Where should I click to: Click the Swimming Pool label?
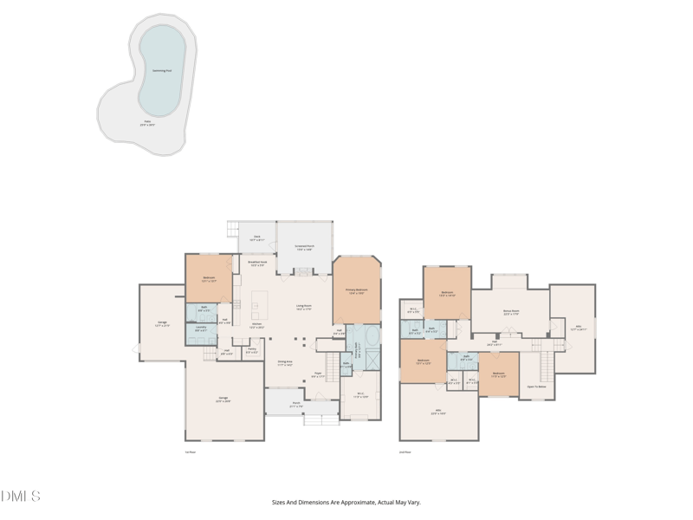click(x=162, y=70)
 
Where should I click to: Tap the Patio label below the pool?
click(x=147, y=123)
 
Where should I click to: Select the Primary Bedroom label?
click(x=356, y=291)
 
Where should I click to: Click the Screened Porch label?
click(x=304, y=247)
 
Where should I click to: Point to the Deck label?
click(x=256, y=237)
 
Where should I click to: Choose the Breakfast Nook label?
click(x=257, y=263)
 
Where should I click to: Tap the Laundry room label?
click(x=200, y=329)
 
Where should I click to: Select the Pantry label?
click(x=251, y=350)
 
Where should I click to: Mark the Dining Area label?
click(x=285, y=363)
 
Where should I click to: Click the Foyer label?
click(x=318, y=374)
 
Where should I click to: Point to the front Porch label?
click(x=295, y=405)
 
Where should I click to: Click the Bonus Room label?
click(x=511, y=312)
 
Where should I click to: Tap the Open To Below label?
click(x=536, y=387)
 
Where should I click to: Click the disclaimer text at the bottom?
click(x=346, y=502)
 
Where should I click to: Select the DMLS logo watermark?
click(x=21, y=497)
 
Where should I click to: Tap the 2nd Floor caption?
click(x=405, y=452)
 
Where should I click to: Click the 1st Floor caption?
click(x=191, y=452)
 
